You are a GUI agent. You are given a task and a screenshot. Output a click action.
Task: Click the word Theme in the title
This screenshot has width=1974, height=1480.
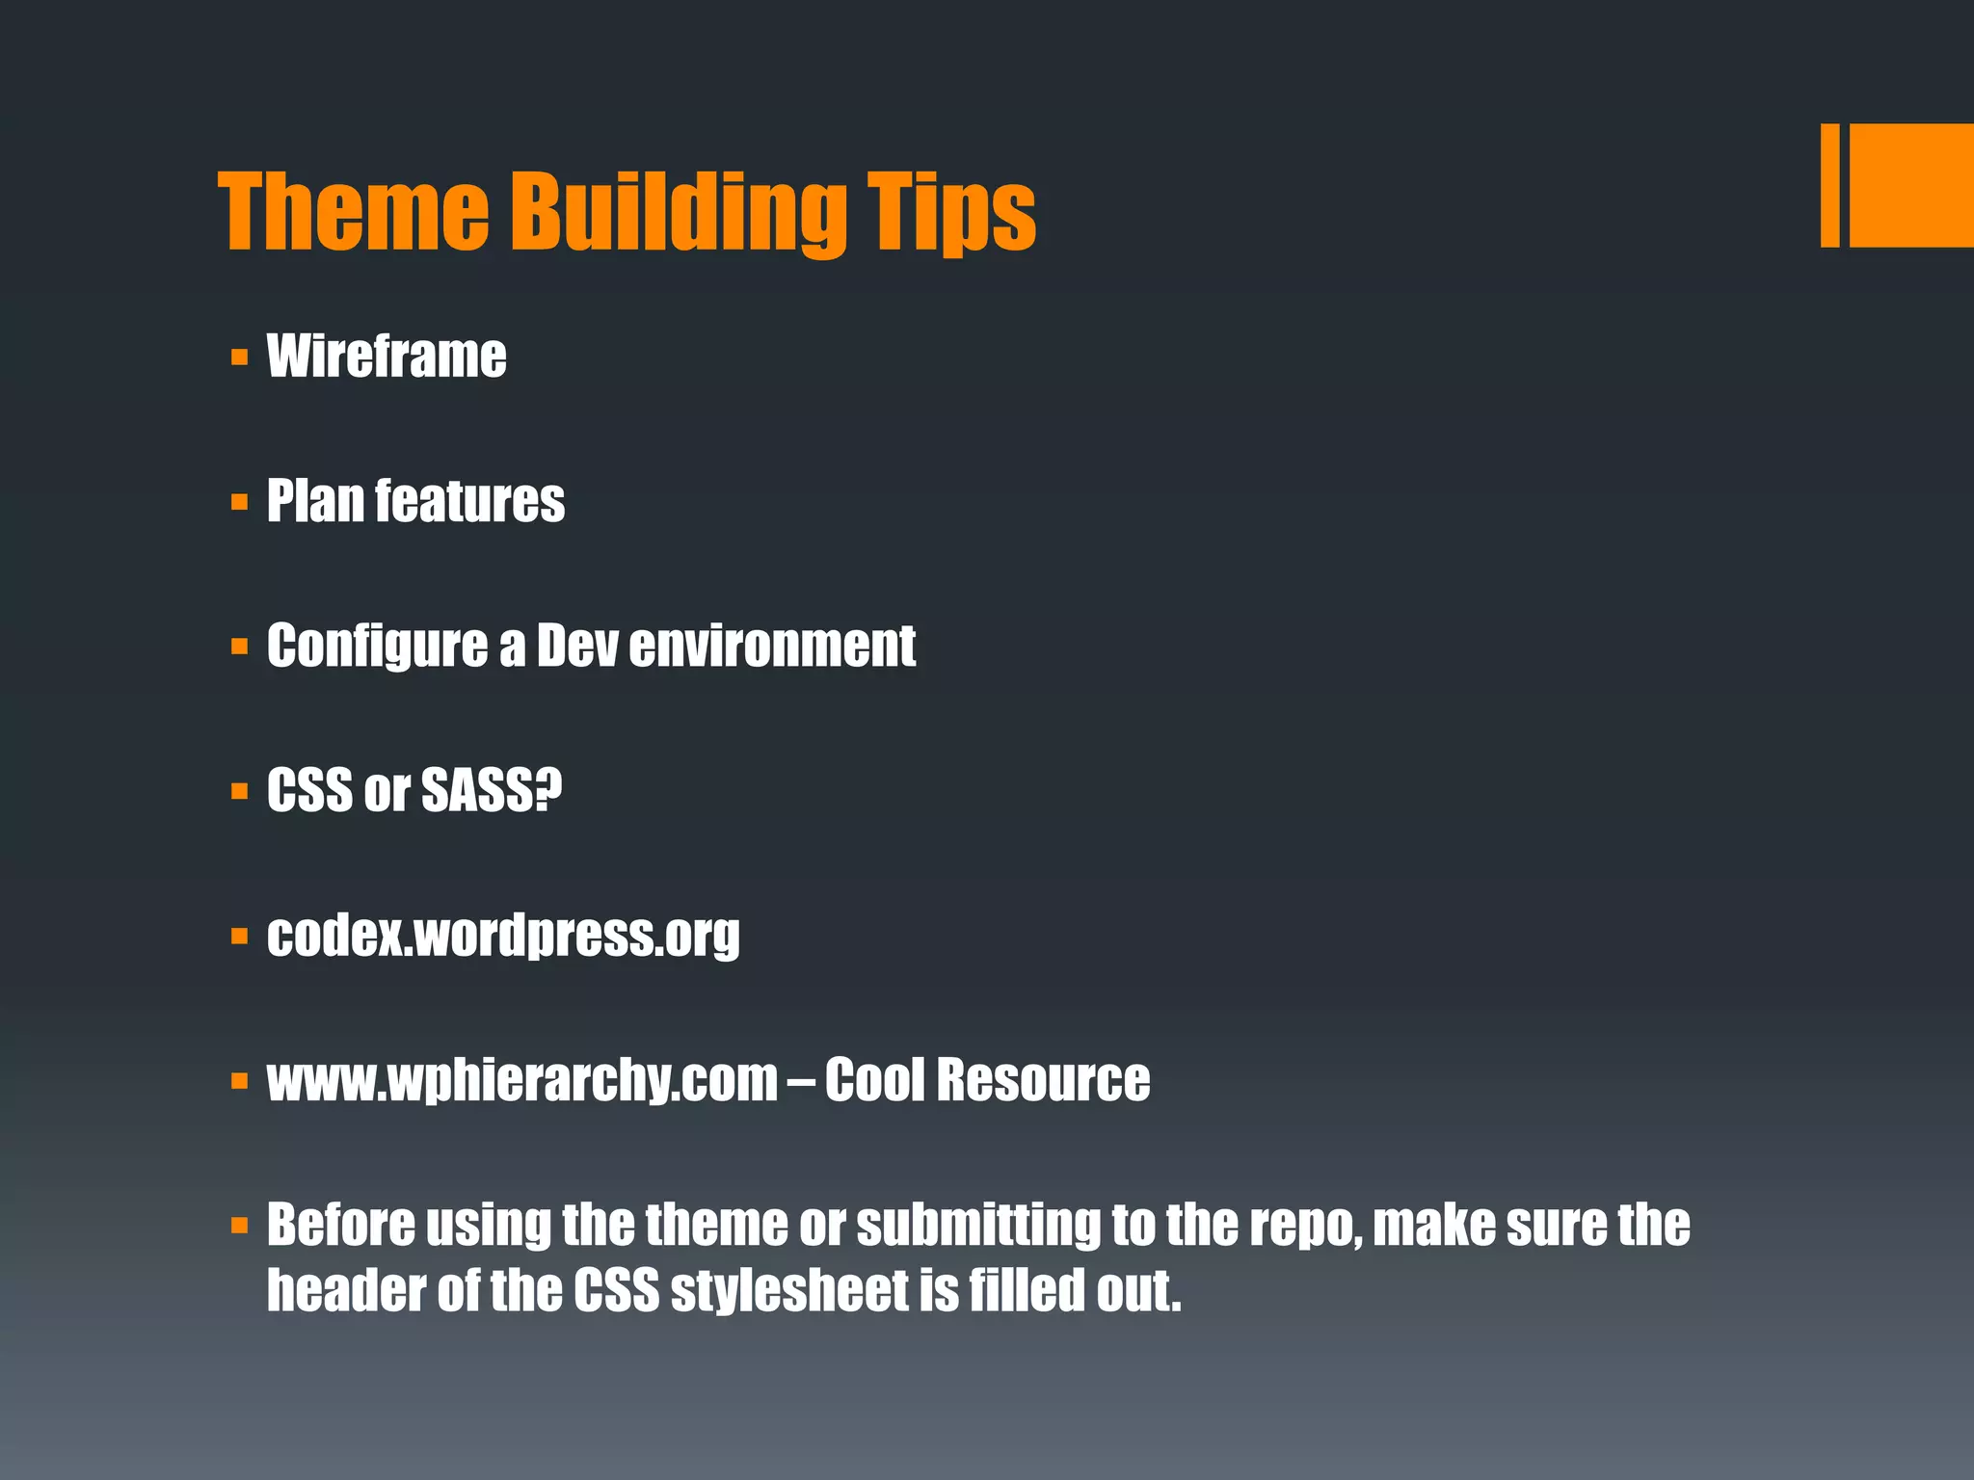355,212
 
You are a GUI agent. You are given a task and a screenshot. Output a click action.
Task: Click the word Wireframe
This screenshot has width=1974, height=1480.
387,357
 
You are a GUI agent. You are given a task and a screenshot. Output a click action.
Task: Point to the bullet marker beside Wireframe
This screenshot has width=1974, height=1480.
240,358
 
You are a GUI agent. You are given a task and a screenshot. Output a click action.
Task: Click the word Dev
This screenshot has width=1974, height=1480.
576,646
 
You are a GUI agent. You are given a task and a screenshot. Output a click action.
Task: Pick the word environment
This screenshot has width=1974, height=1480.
772,646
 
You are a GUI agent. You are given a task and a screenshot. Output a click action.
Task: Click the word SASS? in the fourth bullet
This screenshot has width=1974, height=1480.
492,790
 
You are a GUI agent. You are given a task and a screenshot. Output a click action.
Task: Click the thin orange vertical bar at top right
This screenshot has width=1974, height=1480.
1829,185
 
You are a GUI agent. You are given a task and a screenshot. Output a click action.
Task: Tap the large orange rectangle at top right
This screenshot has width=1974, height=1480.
1911,185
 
